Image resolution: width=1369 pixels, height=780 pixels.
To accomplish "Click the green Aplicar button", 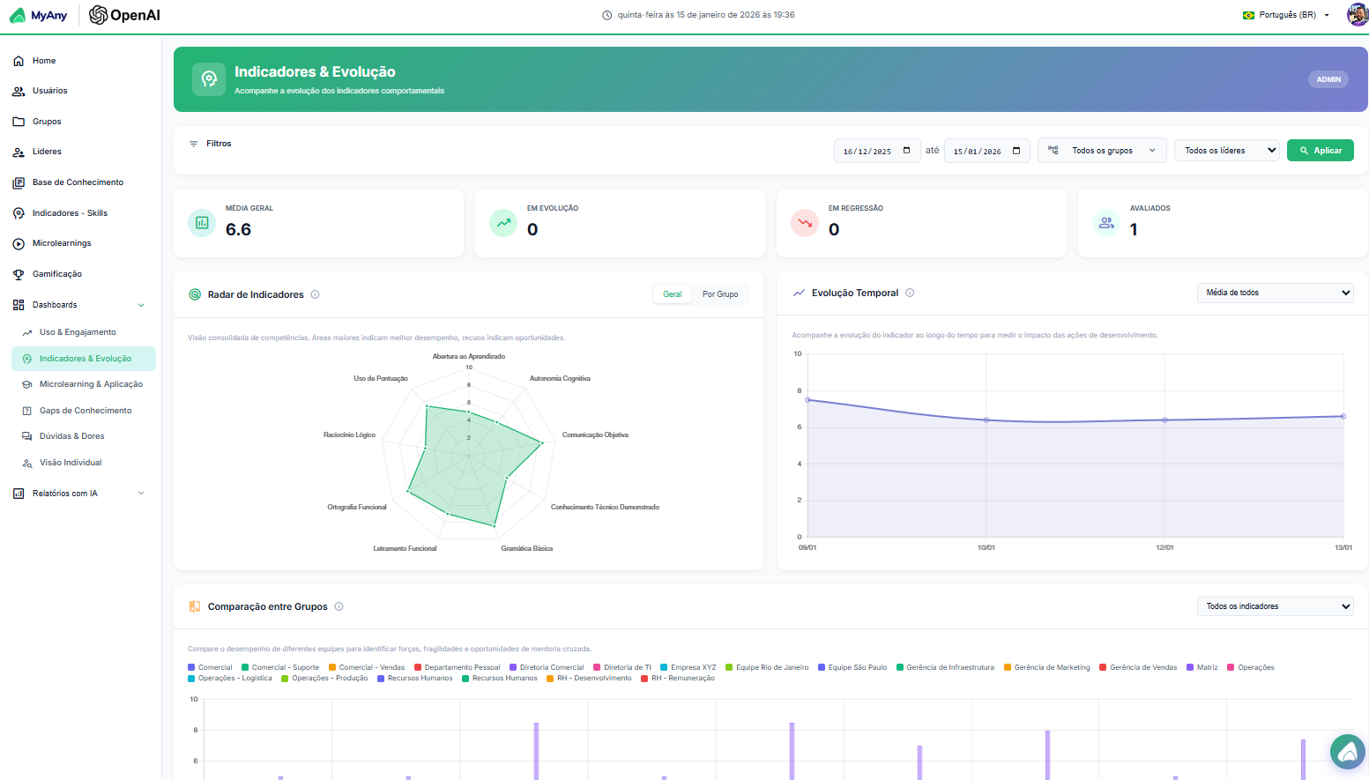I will (1320, 151).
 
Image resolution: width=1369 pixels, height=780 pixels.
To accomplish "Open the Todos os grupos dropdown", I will (1102, 151).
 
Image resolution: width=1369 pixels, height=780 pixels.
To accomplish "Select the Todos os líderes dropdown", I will (1226, 151).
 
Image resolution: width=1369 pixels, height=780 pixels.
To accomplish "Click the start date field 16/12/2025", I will (876, 151).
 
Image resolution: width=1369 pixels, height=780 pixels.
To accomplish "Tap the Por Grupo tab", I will (720, 294).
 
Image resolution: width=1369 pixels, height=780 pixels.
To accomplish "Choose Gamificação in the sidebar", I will (57, 274).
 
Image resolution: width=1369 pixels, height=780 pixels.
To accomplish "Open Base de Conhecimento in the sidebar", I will (78, 182).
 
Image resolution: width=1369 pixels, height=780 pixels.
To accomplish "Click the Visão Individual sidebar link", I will (71, 463).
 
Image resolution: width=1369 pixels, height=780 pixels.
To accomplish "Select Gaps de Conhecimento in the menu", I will (86, 411).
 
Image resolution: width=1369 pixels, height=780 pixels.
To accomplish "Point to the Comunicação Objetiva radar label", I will (595, 435).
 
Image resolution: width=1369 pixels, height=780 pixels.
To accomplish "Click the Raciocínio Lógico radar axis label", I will (349, 435).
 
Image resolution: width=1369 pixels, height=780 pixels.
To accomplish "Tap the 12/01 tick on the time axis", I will (1164, 547).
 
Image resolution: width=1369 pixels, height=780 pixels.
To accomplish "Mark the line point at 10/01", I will (986, 420).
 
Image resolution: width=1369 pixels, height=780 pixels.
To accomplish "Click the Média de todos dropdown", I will (1274, 293).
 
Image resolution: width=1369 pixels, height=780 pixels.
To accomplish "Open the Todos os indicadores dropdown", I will (1274, 606).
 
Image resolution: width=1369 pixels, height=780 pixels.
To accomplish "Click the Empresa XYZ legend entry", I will (693, 667).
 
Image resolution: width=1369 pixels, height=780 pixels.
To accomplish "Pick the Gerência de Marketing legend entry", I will (1052, 667).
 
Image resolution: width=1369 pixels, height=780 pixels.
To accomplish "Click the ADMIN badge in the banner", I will (1328, 79).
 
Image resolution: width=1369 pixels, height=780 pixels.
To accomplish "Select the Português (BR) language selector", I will (1287, 15).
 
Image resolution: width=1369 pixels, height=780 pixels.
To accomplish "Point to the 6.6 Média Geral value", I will (238, 230).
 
